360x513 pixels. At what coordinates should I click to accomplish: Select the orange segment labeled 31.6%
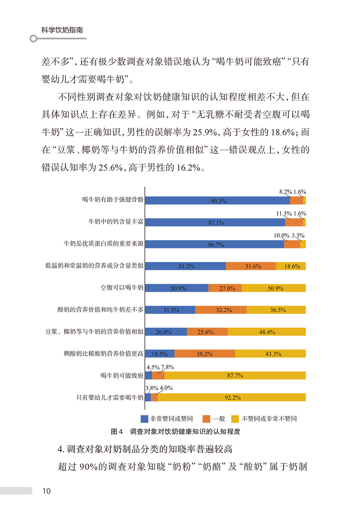click(x=251, y=266)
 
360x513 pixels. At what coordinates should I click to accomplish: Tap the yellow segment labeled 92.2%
click(x=232, y=397)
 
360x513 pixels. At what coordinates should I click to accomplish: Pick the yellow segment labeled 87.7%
click(x=235, y=375)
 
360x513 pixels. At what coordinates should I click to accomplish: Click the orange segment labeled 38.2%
click(x=204, y=354)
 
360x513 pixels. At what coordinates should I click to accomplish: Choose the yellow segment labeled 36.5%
click(x=276, y=310)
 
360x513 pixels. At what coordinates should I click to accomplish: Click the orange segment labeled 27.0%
click(x=225, y=288)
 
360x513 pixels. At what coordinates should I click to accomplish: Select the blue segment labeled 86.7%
click(x=214, y=244)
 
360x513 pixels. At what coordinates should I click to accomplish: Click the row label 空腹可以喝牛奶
click(x=122, y=288)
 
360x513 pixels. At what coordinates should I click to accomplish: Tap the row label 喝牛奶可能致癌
click(x=122, y=375)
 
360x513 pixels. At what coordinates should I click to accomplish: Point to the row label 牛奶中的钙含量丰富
click(x=116, y=222)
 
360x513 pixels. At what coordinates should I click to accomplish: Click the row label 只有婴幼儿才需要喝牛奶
click(x=110, y=397)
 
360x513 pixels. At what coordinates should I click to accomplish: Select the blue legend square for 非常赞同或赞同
click(x=144, y=419)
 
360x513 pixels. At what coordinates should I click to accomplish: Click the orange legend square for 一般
click(x=207, y=419)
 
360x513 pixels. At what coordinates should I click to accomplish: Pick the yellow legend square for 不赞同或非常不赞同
click(x=235, y=419)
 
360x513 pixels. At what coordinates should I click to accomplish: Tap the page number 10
click(x=46, y=491)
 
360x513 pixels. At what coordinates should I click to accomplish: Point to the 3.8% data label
click(x=152, y=388)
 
